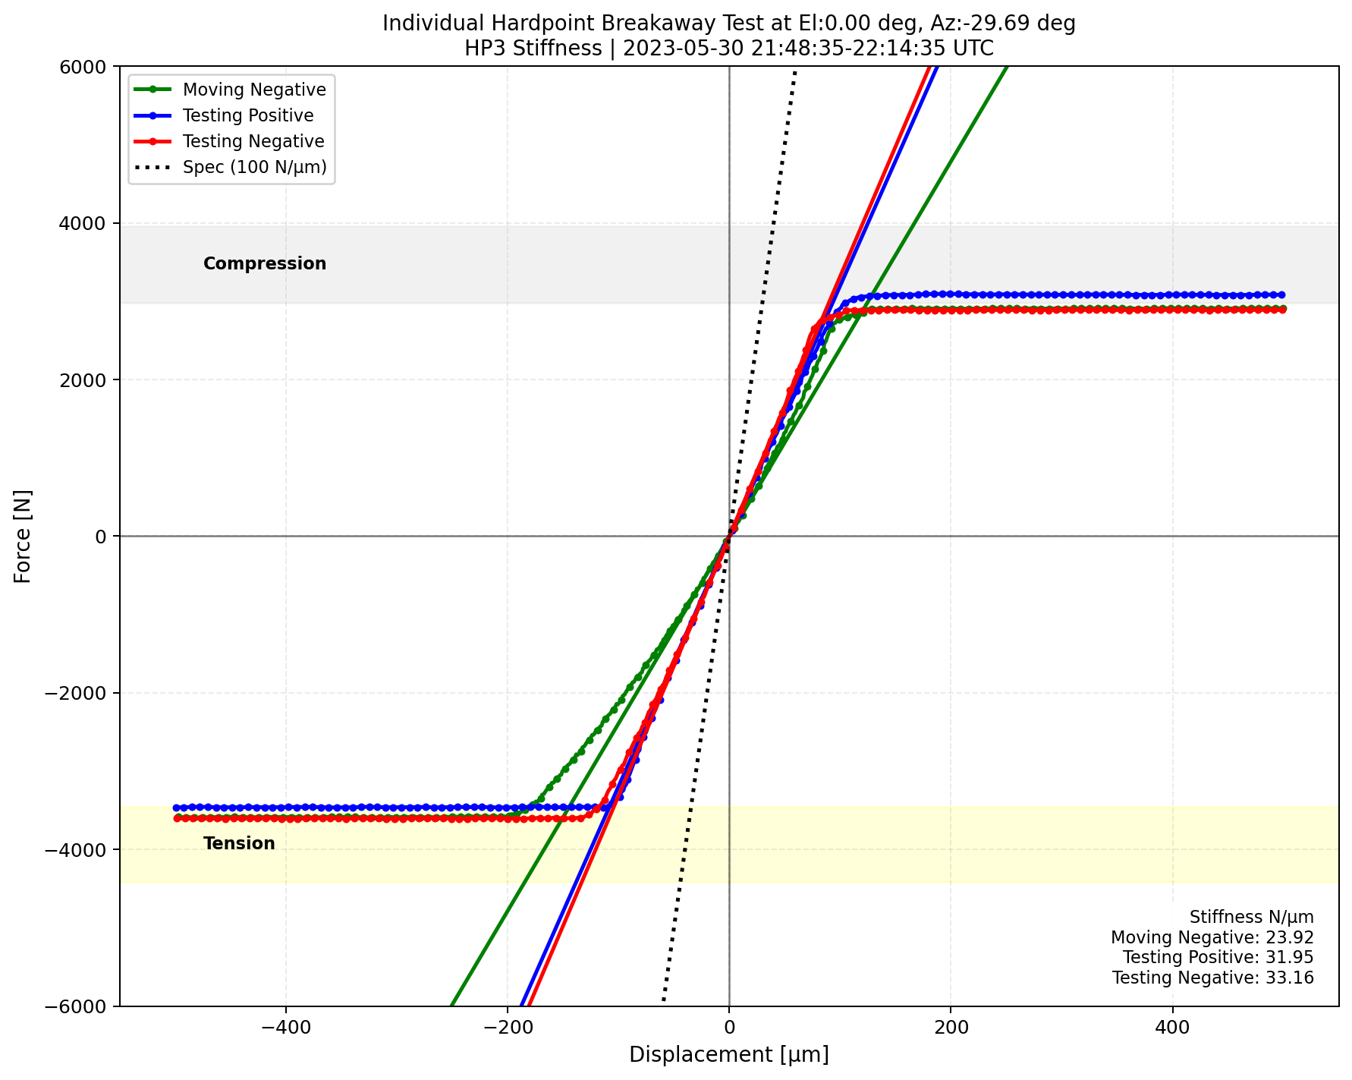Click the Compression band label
(x=265, y=263)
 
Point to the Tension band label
(x=239, y=843)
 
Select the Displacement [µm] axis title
(x=729, y=1055)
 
